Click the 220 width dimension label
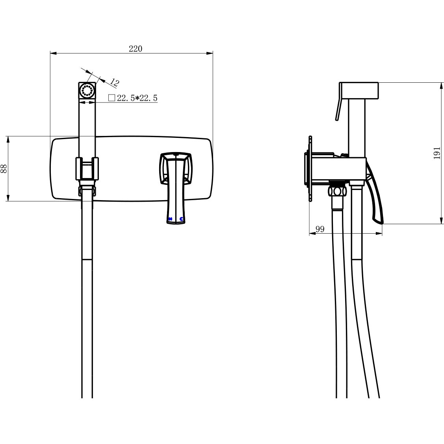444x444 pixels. (x=136, y=49)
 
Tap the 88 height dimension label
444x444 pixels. (x=4, y=169)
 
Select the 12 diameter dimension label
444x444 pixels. (x=114, y=82)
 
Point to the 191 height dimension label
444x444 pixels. (x=437, y=153)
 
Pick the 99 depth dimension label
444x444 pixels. (x=320, y=229)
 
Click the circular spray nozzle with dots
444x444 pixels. (x=87, y=91)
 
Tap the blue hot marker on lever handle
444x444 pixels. (x=170, y=219)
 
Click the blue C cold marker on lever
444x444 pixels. (x=181, y=219)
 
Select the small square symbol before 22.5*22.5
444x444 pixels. (x=111, y=98)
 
